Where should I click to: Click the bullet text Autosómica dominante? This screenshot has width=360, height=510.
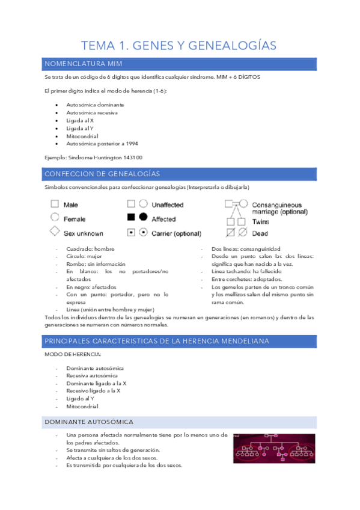click(x=87, y=105)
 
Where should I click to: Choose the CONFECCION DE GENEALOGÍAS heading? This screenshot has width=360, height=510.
click(x=102, y=174)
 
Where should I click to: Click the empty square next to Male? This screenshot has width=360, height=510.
click(x=54, y=204)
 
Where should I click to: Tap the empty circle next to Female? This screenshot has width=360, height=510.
click(x=54, y=218)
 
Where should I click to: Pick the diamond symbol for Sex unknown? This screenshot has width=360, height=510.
click(x=54, y=232)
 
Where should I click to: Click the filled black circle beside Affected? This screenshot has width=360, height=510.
click(x=142, y=218)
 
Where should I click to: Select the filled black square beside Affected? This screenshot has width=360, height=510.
click(x=130, y=218)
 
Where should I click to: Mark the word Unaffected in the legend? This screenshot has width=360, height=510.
click(x=168, y=204)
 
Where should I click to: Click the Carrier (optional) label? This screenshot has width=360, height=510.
click(x=176, y=233)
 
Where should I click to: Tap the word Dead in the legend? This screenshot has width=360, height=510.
click(x=260, y=233)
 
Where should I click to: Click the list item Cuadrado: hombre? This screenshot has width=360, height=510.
click(x=90, y=248)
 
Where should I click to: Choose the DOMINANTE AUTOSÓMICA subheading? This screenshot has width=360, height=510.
click(x=89, y=422)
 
